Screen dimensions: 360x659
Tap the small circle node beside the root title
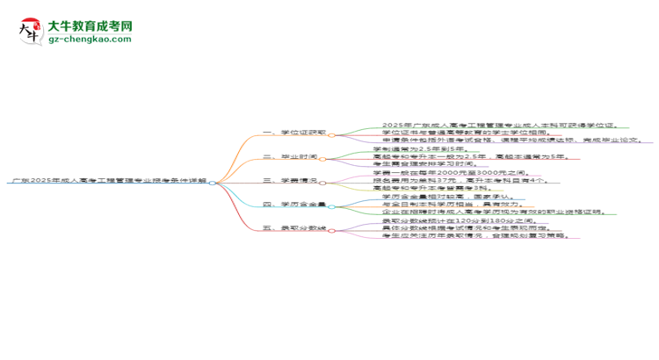tap(214, 182)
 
